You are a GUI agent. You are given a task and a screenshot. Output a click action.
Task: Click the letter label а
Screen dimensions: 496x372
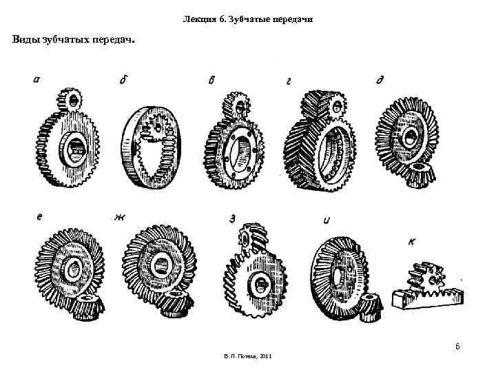[36, 79]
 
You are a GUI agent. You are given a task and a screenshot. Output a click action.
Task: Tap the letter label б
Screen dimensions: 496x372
[123, 81]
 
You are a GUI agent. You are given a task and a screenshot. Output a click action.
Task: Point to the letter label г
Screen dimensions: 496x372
[289, 81]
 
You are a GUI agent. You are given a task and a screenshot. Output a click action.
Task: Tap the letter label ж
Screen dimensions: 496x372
[120, 217]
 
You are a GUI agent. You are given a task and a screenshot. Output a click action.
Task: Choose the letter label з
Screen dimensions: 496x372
[233, 219]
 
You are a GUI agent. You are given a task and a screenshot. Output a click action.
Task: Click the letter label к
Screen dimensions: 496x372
[411, 241]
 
